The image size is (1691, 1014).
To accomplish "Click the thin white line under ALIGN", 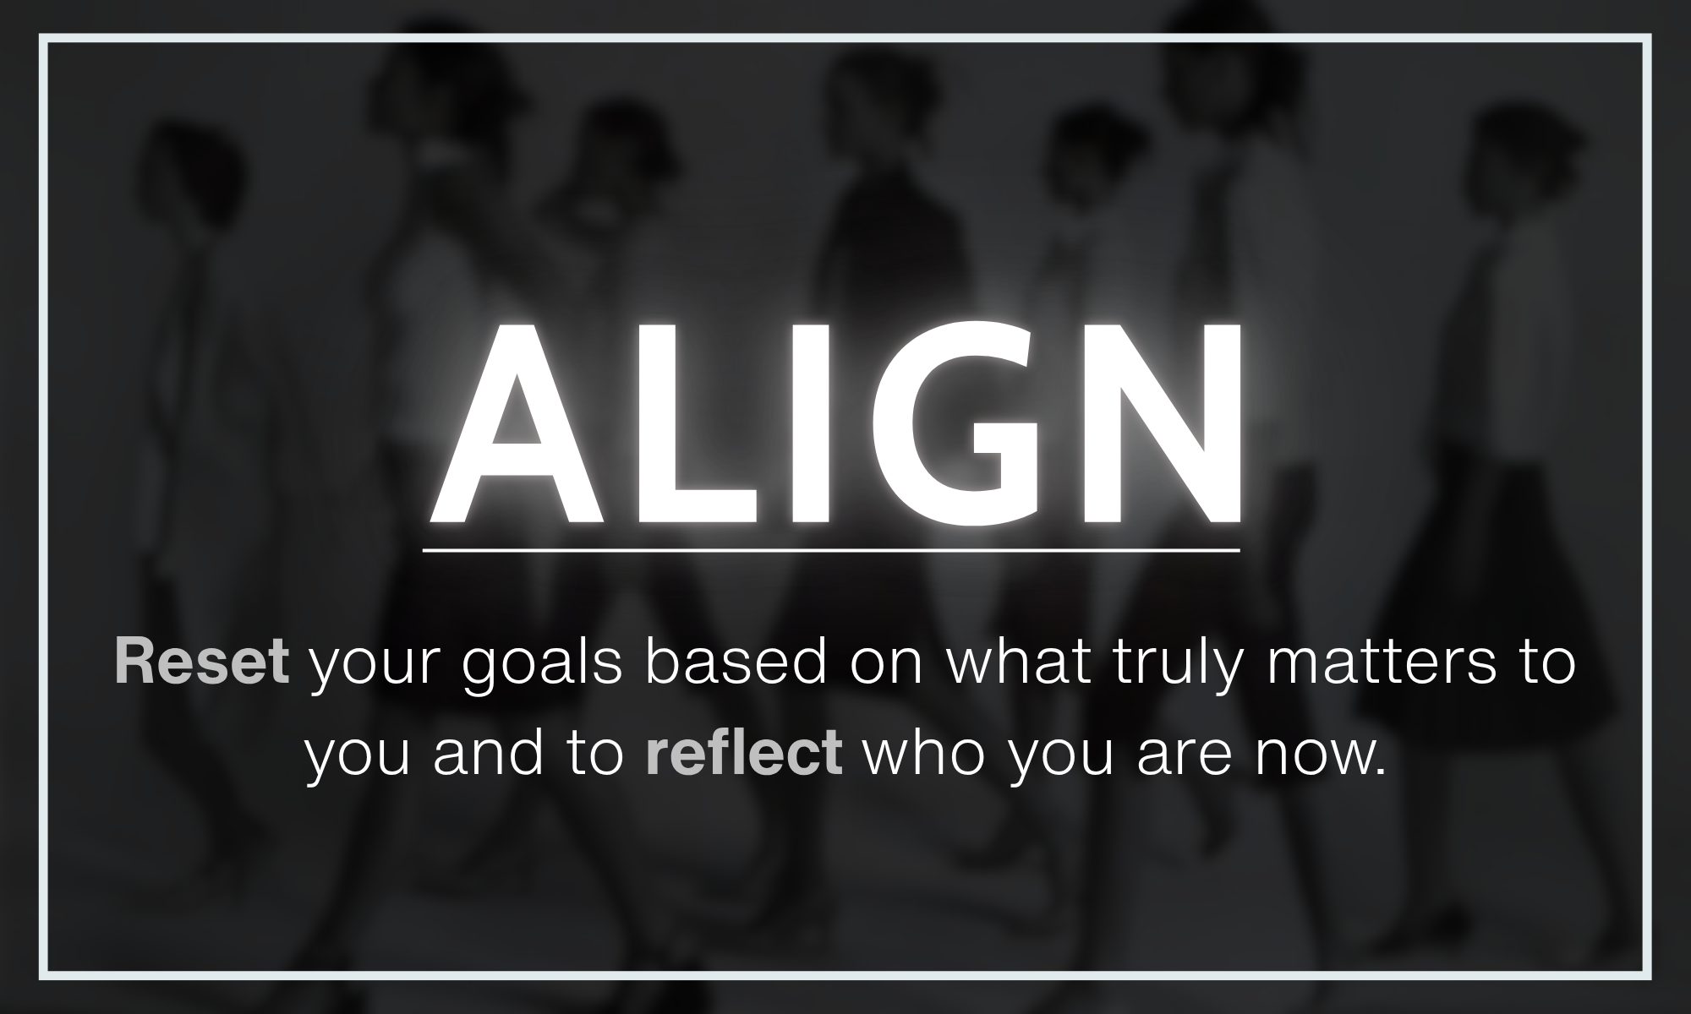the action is point(831,550).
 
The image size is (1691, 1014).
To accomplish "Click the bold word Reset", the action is point(202,663).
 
